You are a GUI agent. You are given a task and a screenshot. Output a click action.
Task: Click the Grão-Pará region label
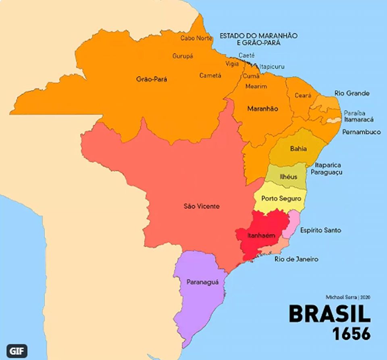151,79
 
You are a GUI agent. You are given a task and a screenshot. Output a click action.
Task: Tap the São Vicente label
202,206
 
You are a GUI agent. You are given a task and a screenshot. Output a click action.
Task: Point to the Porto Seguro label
281,198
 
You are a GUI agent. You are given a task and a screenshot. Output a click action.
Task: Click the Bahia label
298,149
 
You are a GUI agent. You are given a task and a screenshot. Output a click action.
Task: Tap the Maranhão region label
262,109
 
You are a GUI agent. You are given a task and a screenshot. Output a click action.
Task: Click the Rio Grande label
352,94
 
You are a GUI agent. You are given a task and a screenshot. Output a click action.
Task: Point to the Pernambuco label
361,132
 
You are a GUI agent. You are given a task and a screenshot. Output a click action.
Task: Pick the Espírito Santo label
320,230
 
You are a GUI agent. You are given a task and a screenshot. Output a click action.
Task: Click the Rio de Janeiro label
296,259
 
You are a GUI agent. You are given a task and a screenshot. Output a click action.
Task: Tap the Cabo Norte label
196,38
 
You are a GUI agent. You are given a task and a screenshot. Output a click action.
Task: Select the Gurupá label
183,56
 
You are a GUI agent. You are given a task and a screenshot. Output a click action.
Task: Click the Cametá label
210,75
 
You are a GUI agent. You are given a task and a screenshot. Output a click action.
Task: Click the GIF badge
17,350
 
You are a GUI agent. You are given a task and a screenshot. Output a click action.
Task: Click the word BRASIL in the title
329,314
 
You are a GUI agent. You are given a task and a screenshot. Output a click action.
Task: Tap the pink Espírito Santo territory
291,226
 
